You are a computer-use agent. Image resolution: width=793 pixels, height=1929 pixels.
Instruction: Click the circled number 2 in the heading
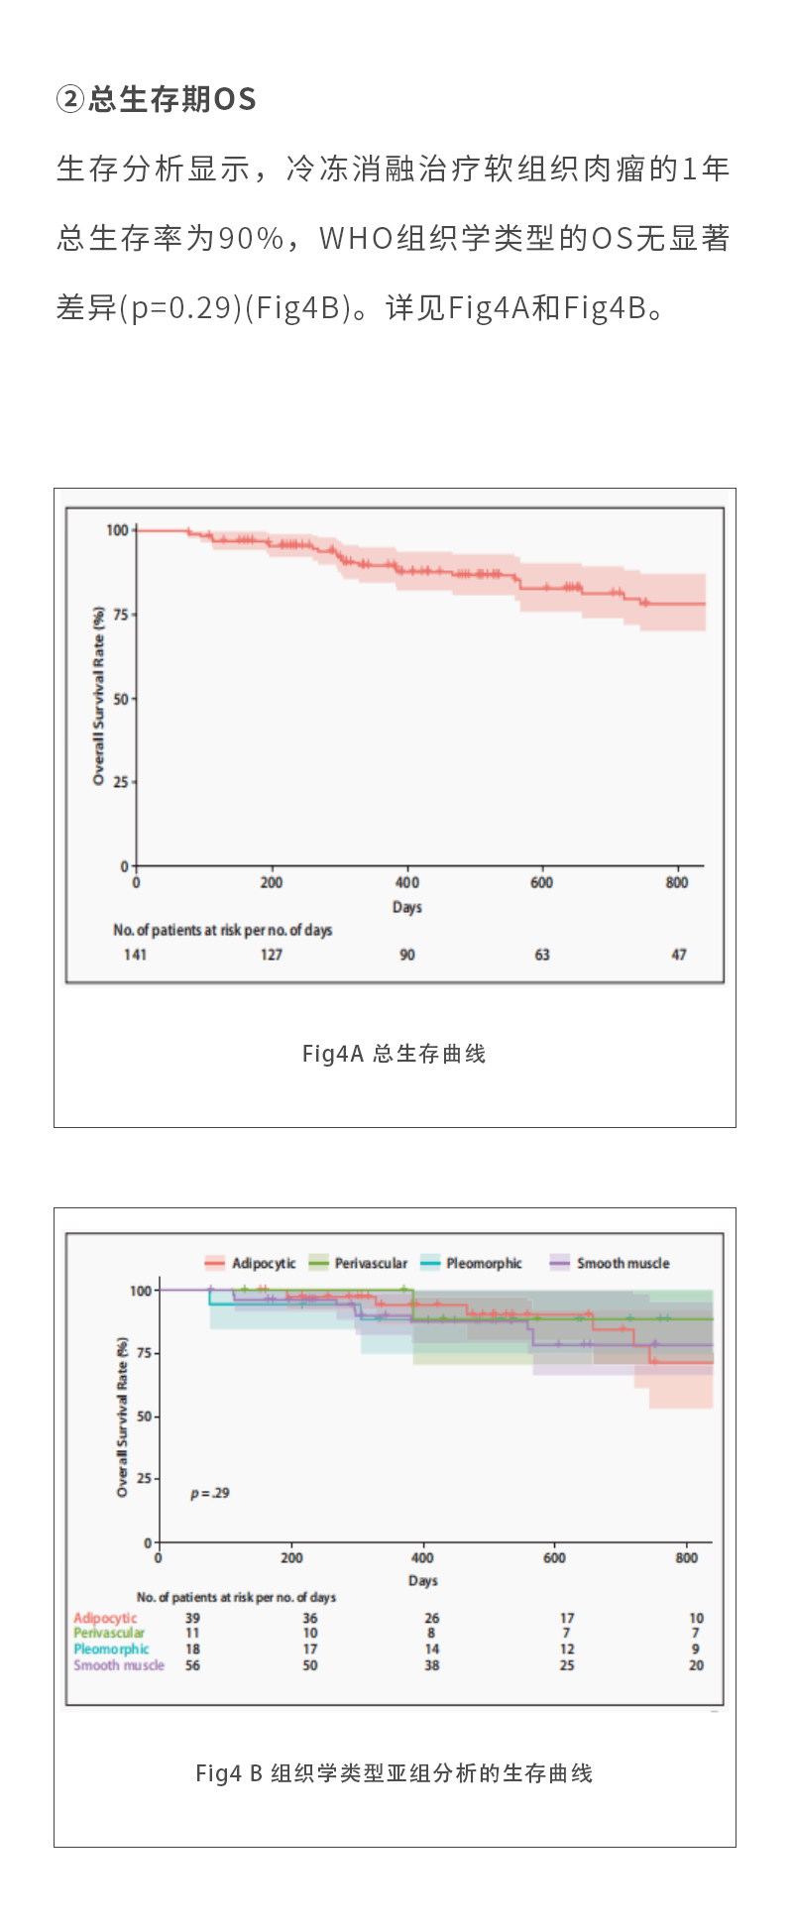[x=70, y=99]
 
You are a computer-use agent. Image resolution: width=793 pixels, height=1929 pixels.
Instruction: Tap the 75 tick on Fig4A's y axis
[x=120, y=615]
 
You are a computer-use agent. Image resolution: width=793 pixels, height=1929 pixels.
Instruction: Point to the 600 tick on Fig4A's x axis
[x=541, y=882]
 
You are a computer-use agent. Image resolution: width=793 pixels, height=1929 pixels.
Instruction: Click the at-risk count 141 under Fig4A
[x=135, y=955]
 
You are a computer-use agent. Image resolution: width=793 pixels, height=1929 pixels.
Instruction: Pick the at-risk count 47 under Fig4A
[x=678, y=955]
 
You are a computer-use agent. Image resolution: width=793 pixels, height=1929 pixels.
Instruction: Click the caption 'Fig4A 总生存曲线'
[x=395, y=1054]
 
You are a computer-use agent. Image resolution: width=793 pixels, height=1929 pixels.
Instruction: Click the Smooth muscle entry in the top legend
[x=623, y=1263]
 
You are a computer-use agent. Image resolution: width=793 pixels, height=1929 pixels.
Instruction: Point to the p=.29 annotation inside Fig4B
[x=209, y=1493]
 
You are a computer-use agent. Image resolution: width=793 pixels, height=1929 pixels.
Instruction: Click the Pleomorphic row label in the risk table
[x=111, y=1649]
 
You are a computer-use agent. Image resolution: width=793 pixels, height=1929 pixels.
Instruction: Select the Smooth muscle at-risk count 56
[x=192, y=1665]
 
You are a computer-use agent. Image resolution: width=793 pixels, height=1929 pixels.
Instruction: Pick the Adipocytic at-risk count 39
[x=192, y=1618]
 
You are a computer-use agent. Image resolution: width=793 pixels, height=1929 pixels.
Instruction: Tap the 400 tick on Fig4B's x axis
[x=422, y=1557]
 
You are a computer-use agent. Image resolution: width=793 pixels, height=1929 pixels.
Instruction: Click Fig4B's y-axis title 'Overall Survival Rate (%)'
[x=123, y=1417]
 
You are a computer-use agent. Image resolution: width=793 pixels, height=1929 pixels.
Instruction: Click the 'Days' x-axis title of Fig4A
[x=407, y=907]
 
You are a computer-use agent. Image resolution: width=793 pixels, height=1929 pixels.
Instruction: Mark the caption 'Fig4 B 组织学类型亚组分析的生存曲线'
[x=395, y=1773]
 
